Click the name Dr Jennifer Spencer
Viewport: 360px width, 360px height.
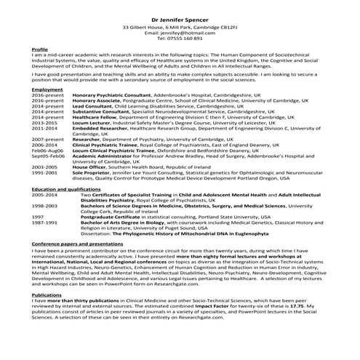coord(180,15)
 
